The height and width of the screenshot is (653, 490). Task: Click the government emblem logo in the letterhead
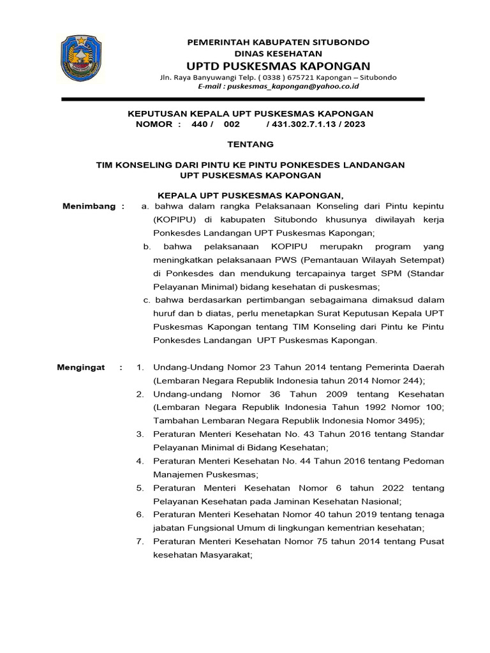coord(81,58)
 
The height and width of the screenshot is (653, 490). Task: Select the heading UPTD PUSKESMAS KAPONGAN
coord(278,66)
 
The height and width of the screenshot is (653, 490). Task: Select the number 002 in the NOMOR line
coord(231,124)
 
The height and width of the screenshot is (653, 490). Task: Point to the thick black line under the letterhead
coord(242,99)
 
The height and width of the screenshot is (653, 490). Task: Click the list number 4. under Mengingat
coord(140,461)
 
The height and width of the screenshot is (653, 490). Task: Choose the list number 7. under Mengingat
coord(140,541)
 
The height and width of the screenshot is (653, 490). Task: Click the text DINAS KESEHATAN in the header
coord(278,54)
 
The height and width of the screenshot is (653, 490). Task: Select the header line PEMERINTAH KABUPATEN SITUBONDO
coord(278,41)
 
